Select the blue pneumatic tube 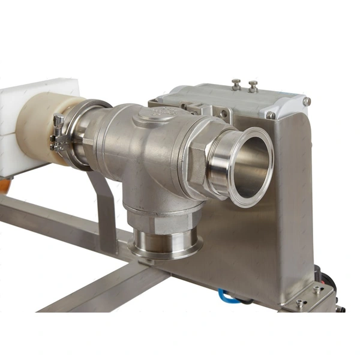(229, 295)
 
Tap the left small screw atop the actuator (237, 83)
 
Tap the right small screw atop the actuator (253, 85)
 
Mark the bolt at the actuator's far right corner (307, 102)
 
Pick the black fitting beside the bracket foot (327, 282)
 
